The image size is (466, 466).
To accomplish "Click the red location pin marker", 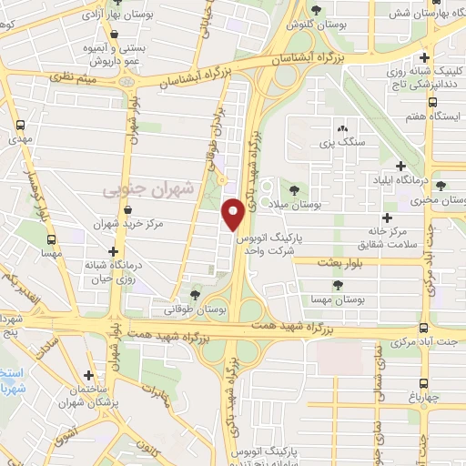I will coord(234,215).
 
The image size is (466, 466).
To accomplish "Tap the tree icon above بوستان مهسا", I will coord(339,286).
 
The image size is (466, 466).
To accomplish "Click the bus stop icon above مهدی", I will coord(19,126).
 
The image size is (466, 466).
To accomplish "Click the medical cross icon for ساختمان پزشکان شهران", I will coord(88,375).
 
